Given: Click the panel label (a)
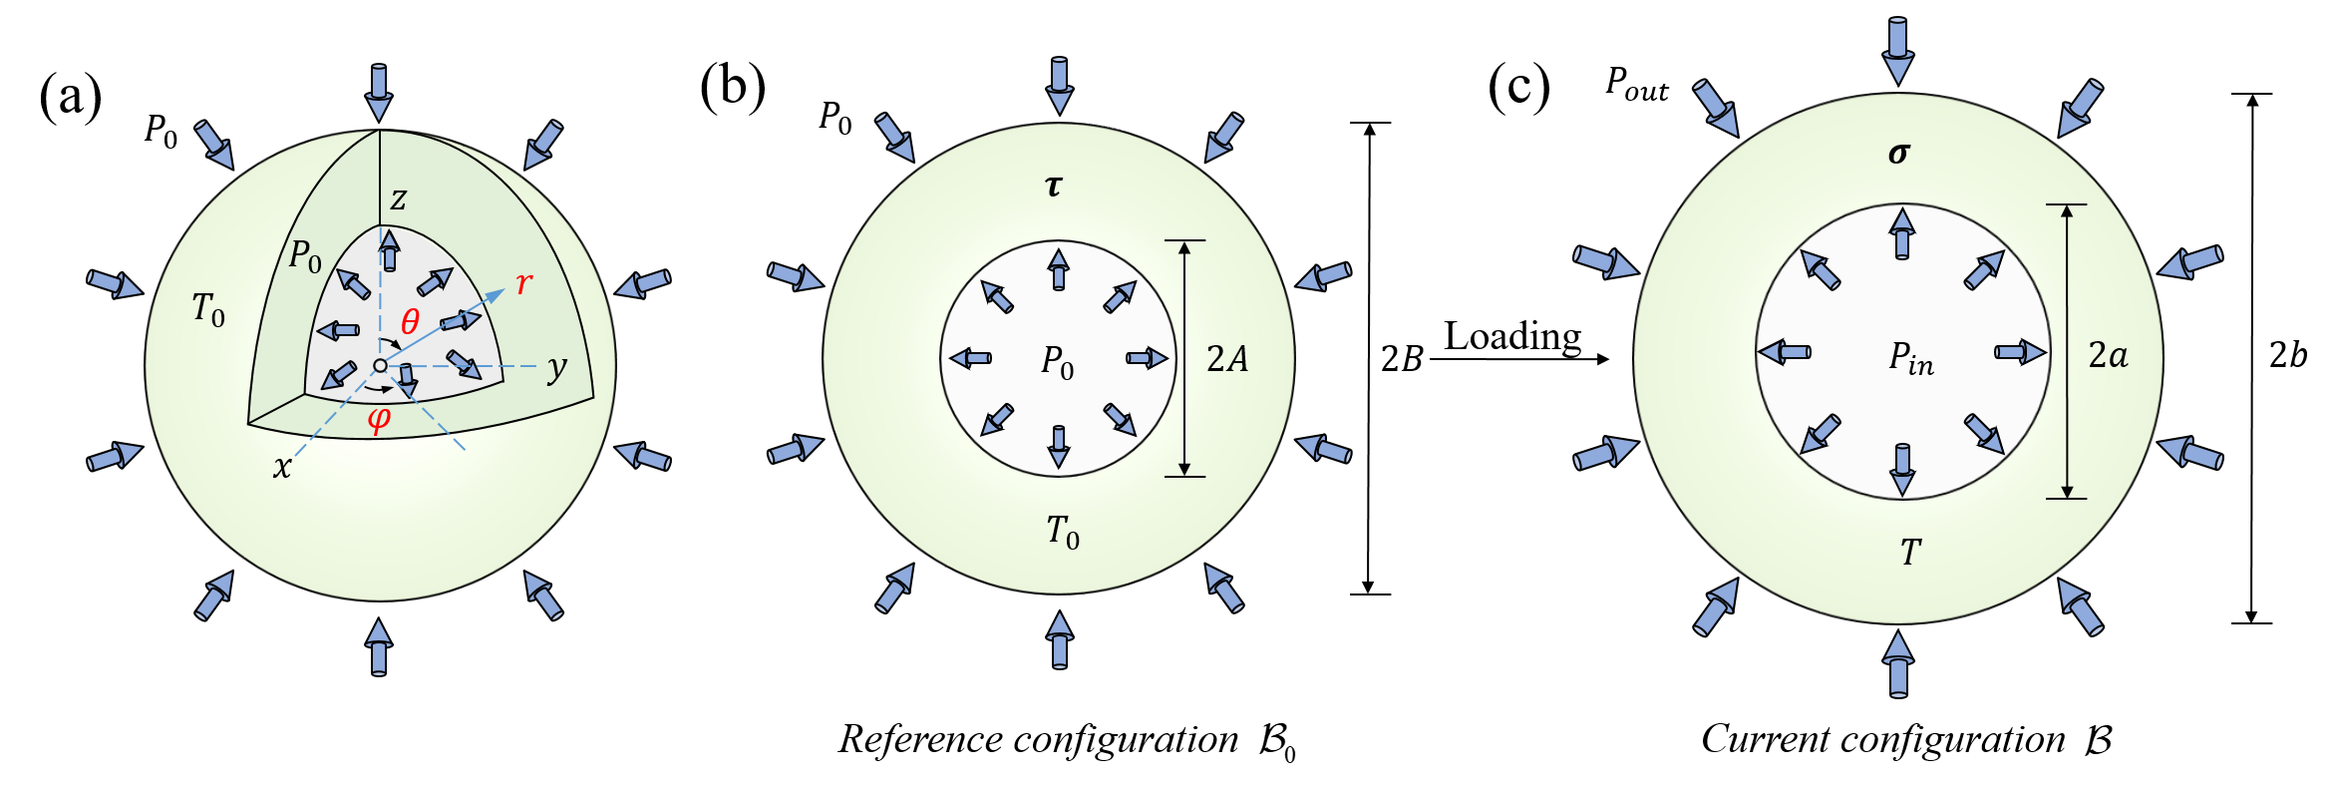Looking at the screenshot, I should [x=71, y=97].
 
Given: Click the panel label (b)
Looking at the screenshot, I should [x=733, y=87].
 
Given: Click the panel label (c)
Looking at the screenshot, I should [x=1518, y=87].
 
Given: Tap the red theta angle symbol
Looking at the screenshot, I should [x=410, y=321].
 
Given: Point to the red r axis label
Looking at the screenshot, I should [x=523, y=284].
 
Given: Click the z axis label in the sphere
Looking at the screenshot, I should [x=398, y=200].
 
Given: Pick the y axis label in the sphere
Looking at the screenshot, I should [x=556, y=368].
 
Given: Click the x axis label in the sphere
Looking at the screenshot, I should [x=282, y=467].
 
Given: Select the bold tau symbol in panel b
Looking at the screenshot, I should [x=1054, y=186].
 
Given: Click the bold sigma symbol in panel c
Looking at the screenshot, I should [x=1898, y=154].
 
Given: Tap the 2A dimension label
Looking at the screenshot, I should [x=1227, y=359].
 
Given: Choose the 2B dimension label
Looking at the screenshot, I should [x=1401, y=359].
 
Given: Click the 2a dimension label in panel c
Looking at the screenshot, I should [x=2108, y=355].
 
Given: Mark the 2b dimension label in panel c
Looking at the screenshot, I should [x=2288, y=355].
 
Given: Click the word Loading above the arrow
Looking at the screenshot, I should [x=1512, y=337].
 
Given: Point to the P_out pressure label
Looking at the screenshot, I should [x=1636, y=84].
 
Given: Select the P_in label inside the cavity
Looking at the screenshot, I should [x=1910, y=358].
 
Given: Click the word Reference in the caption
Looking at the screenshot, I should [x=919, y=740].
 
